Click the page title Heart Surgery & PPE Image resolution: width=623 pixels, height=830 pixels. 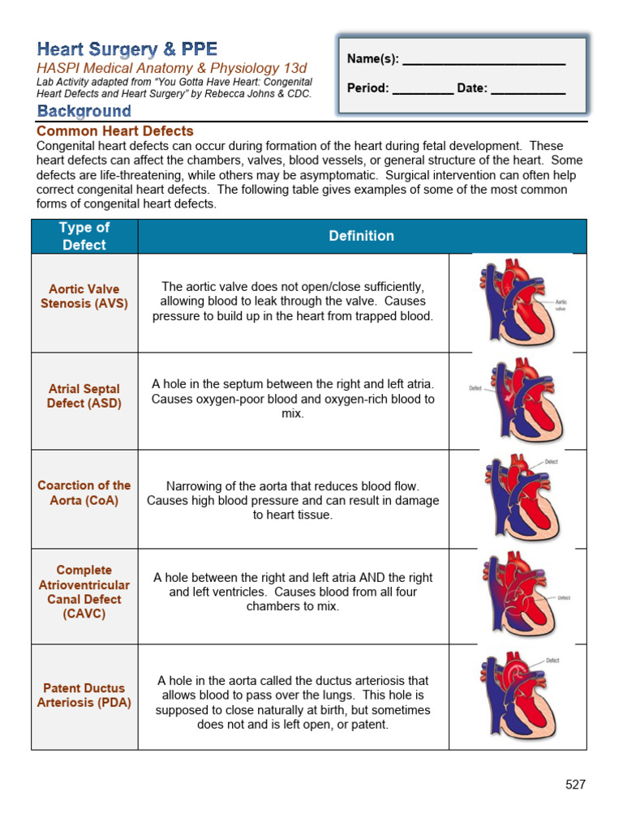pos(127,49)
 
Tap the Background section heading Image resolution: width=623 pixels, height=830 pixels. pos(84,112)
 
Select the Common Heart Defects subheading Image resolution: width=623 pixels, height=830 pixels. pos(115,131)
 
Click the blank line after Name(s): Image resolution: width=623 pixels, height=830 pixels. pos(483,59)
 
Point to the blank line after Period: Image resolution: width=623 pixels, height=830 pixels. pos(423,88)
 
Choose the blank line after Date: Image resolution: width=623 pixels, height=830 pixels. pos(528,88)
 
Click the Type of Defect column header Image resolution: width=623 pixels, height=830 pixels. pos(84,236)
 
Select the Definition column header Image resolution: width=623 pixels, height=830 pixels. pos(362,236)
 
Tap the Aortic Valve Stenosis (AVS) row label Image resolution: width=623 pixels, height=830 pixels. pos(84,296)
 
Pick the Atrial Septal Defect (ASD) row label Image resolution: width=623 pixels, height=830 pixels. pos(84,396)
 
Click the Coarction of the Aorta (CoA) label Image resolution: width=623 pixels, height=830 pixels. pos(84,493)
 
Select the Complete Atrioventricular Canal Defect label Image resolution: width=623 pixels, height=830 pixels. pos(84,592)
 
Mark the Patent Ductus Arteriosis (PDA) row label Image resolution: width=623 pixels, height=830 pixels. pos(84,695)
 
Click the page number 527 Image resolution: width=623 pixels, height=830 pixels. pos(575,785)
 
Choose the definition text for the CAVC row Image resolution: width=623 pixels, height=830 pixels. pos(293,592)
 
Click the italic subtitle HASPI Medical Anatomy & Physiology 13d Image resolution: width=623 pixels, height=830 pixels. pos(172,69)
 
